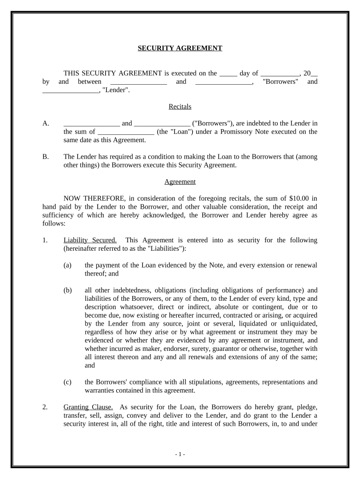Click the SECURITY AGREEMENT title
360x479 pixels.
click(x=180, y=48)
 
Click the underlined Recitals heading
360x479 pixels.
click(x=180, y=107)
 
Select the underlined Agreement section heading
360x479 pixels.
click(x=180, y=181)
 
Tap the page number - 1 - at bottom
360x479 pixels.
click(x=180, y=454)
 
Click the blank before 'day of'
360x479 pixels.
click(x=228, y=73)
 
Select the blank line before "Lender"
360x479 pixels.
click(x=70, y=91)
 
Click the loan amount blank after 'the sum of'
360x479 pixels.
click(x=126, y=132)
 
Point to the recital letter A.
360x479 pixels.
click(x=46, y=123)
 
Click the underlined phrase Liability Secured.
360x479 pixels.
click(x=90, y=240)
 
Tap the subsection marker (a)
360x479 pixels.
click(x=67, y=265)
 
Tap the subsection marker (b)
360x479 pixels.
click(x=67, y=290)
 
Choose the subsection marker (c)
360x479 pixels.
click(x=67, y=382)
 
